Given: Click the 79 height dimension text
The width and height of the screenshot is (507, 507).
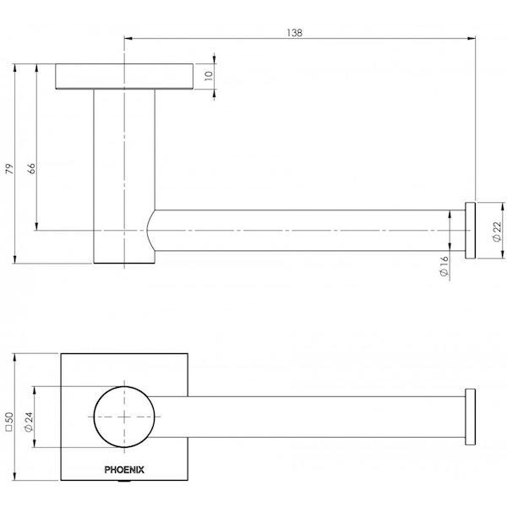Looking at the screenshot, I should coord(9,168).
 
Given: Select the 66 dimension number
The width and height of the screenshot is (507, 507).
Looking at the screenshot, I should coord(30,168).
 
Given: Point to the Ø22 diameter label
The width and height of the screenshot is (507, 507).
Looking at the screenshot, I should coord(495,230).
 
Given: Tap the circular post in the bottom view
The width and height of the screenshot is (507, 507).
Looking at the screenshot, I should coord(125,417).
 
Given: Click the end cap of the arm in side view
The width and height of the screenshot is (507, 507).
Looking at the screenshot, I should coord(470,229).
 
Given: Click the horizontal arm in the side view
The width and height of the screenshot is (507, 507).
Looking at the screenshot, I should coord(304,230).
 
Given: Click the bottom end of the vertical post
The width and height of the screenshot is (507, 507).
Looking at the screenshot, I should coord(123,262).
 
